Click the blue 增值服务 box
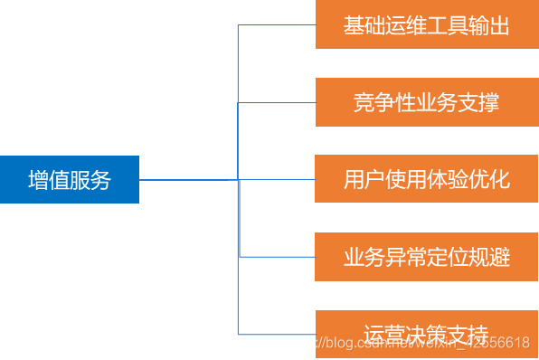click(x=70, y=179)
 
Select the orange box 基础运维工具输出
click(x=427, y=25)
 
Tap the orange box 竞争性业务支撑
click(x=427, y=102)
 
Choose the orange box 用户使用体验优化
click(x=427, y=179)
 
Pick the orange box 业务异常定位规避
click(x=427, y=257)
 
